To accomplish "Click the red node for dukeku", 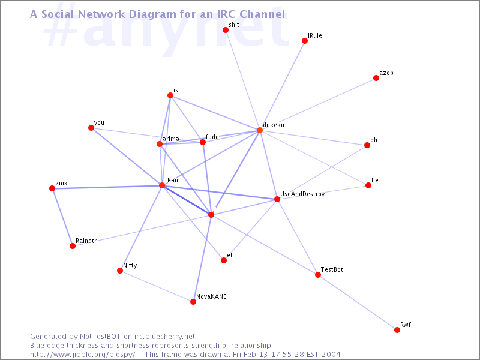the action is pos(260,130).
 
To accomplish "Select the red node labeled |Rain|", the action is pos(162,185).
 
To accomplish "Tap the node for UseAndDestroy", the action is pos(277,199).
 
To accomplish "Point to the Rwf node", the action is pos(397,330).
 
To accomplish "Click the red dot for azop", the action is pos(376,78).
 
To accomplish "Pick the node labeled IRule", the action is pos(305,41).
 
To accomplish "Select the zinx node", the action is pos(52,188).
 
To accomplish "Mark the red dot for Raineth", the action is pos(73,246).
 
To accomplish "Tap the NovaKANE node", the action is pos(193,302).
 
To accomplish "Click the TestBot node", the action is pos(318,275).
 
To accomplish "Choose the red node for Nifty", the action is pos(120,271).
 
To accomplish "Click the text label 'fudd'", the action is pos(212,137).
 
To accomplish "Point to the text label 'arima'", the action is pos(171,139).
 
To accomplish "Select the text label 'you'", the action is pos(99,123).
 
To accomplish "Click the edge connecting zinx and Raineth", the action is pos(62,217).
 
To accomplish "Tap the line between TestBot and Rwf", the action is pos(358,302).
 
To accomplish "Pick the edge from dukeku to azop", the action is pos(318,104).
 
